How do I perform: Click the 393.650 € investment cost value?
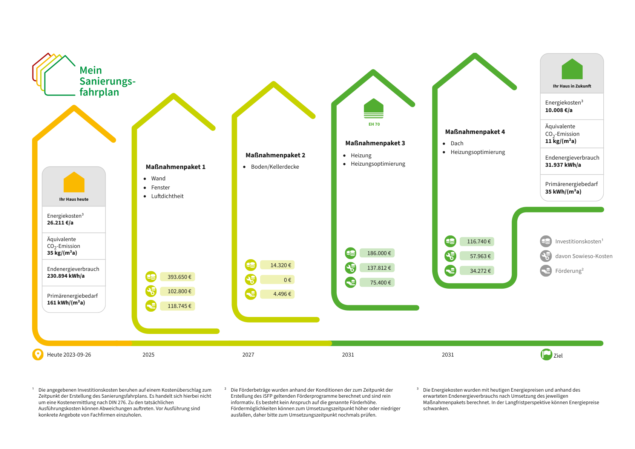coord(178,277)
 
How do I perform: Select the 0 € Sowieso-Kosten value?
coord(277,280)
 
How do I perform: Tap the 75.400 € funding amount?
coord(377,283)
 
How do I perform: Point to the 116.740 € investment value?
coord(477,241)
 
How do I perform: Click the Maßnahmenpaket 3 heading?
coord(375,143)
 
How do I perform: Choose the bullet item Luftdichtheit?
coord(167,196)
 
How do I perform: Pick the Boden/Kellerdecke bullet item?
coord(275,167)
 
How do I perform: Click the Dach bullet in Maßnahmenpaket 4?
coord(457,143)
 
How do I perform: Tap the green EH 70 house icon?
coord(374,109)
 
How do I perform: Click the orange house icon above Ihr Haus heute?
coord(74,182)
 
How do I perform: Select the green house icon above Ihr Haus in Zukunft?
coord(572,69)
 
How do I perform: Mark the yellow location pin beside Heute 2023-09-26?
coord(38,355)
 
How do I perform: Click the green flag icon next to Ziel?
coord(546,355)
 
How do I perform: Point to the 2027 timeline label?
coord(248,355)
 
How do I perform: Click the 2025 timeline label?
coord(148,355)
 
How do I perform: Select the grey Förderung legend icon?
coord(546,271)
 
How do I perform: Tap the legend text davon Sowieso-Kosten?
coord(583,256)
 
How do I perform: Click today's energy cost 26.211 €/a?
coord(60,223)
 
